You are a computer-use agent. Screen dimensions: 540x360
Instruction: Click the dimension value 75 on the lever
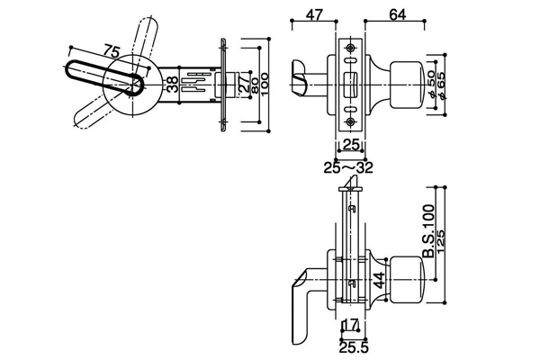tap(112, 51)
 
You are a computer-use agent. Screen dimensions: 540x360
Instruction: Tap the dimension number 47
tap(314, 14)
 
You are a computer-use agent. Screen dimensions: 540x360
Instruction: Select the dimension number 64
tap(398, 14)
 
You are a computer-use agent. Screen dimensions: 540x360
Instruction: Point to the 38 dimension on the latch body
tap(173, 85)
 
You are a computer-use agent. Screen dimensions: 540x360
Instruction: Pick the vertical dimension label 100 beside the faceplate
tap(265, 85)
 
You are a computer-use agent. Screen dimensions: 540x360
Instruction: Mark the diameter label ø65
tap(441, 85)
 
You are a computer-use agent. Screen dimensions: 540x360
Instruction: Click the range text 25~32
tap(348, 167)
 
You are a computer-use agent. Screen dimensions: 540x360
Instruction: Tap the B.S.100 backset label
tap(428, 231)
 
